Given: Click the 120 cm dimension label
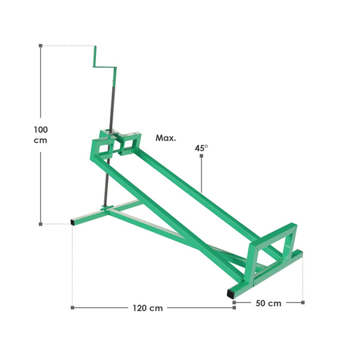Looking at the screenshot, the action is click(x=148, y=308).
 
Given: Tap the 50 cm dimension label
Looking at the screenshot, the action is click(x=268, y=303).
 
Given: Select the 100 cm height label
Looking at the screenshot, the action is click(x=41, y=135).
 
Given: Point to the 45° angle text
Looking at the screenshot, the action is click(x=202, y=148).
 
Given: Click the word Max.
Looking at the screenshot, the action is click(x=166, y=138).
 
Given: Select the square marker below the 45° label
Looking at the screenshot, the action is click(x=202, y=156).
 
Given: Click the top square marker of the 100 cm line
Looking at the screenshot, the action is click(x=41, y=46).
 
